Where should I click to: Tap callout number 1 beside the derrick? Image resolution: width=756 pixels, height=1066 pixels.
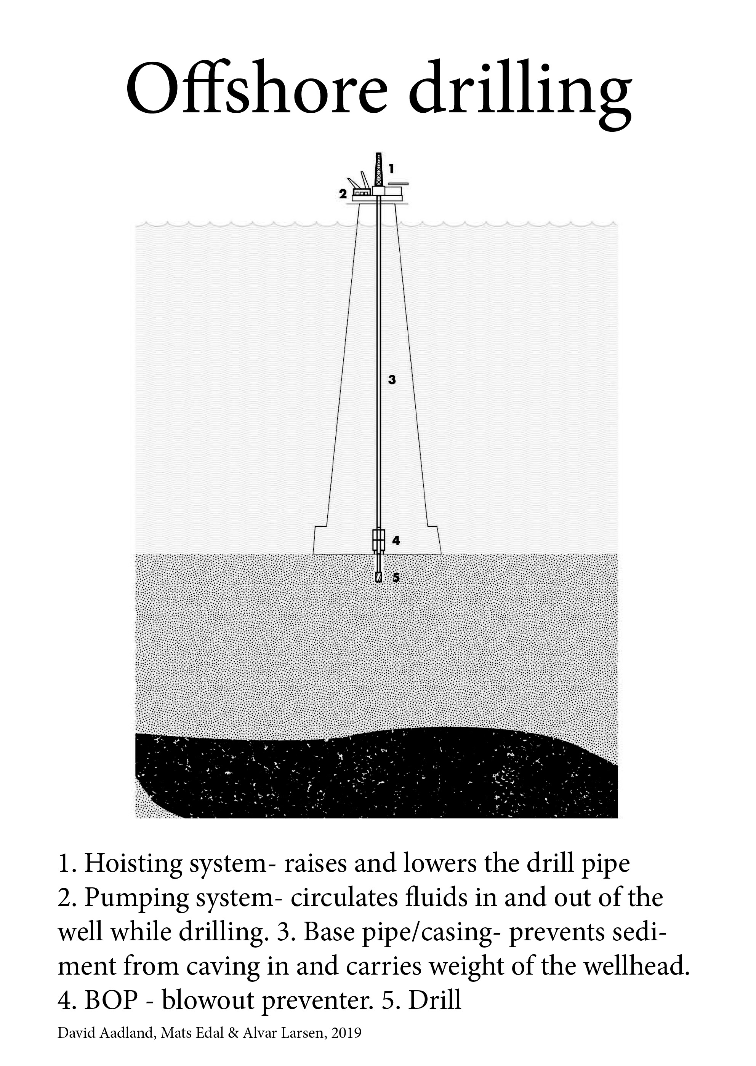pos(392,168)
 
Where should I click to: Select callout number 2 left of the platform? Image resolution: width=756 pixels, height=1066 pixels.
pos(343,194)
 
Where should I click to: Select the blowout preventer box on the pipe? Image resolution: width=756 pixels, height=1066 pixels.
pos(378,541)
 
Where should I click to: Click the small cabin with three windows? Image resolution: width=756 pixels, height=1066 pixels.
pos(361,192)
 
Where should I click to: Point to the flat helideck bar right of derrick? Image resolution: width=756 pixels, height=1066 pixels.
pos(398,183)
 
